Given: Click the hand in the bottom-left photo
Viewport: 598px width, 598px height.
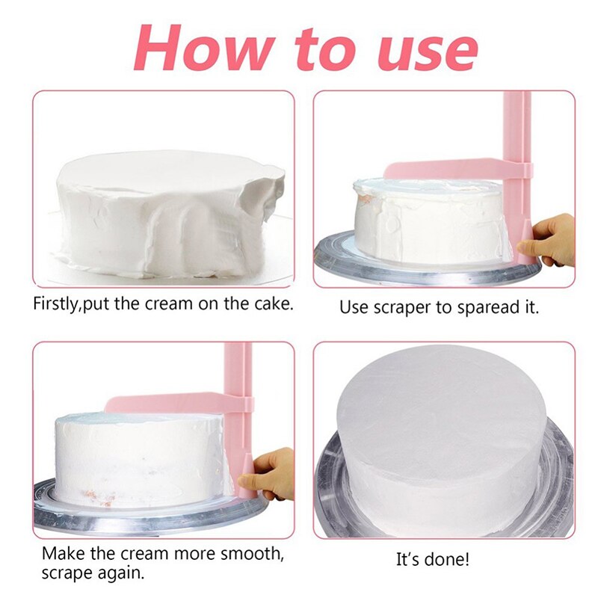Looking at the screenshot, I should coord(274,472).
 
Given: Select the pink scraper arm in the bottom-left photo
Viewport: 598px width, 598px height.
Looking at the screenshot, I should coord(172,404).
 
